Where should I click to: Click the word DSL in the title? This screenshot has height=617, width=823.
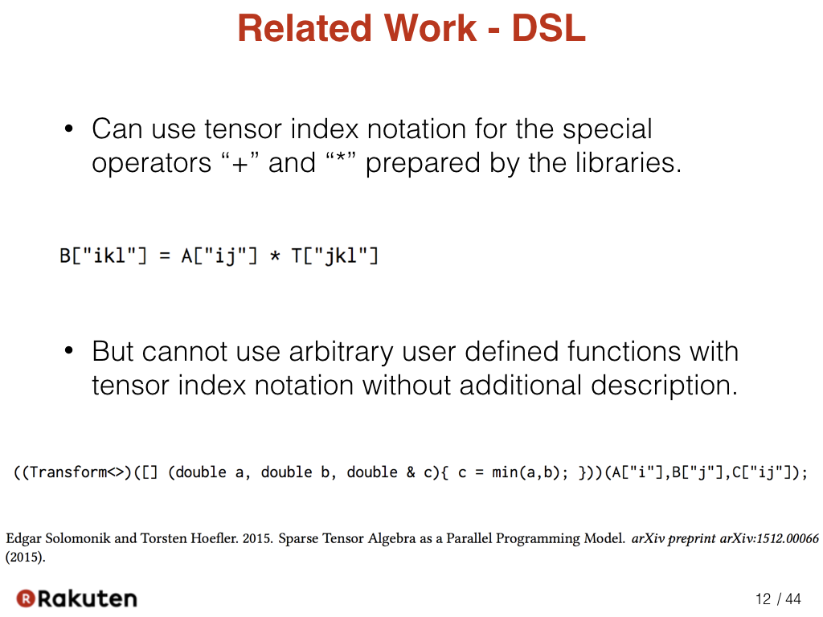tap(548, 28)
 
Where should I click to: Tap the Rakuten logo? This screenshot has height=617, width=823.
tap(76, 599)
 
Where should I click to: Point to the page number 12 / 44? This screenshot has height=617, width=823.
tap(778, 599)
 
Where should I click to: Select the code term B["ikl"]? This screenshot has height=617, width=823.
tap(103, 256)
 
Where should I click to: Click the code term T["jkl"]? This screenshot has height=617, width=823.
tap(334, 256)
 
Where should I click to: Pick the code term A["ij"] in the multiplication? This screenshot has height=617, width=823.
tap(219, 256)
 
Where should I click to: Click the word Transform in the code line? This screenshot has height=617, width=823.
tap(68, 472)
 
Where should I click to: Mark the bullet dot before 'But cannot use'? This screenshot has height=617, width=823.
tap(68, 350)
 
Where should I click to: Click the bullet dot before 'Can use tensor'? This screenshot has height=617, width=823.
tap(68, 129)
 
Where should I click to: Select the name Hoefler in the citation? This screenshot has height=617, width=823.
tap(214, 538)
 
